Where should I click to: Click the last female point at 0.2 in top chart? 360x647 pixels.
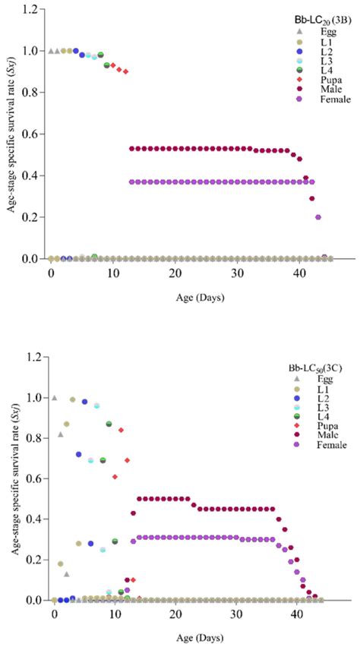pos(318,217)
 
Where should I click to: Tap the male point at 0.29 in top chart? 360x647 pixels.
pos(312,198)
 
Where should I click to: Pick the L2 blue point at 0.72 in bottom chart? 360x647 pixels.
pos(78,454)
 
